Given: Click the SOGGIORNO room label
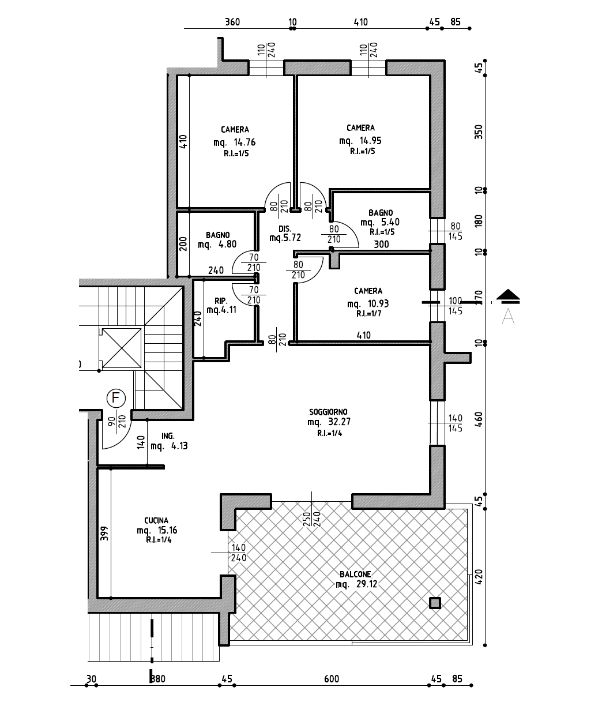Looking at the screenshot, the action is (328, 412).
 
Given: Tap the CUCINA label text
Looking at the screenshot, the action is (156, 520).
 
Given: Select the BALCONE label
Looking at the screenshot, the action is (355, 574).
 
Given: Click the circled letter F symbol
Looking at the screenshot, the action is (116, 398).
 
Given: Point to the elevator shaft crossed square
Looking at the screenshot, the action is (122, 348).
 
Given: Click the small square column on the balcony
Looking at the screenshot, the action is (435, 603).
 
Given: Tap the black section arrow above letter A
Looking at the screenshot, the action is (508, 296).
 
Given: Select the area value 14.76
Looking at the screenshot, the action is (244, 142).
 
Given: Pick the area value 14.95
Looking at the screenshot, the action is (371, 140).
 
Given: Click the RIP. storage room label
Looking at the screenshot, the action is (221, 301).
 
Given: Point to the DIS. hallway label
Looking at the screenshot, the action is (285, 229).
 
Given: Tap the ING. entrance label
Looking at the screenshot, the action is (168, 436).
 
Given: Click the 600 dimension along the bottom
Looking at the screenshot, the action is (332, 679).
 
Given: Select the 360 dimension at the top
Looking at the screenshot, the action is (232, 22).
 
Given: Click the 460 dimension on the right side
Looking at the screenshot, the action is (479, 419).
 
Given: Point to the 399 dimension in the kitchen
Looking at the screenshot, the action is (104, 533).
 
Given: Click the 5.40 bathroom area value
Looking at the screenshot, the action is (390, 222).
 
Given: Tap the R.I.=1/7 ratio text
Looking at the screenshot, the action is (369, 314).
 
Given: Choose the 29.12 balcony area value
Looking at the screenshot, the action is (367, 584).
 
